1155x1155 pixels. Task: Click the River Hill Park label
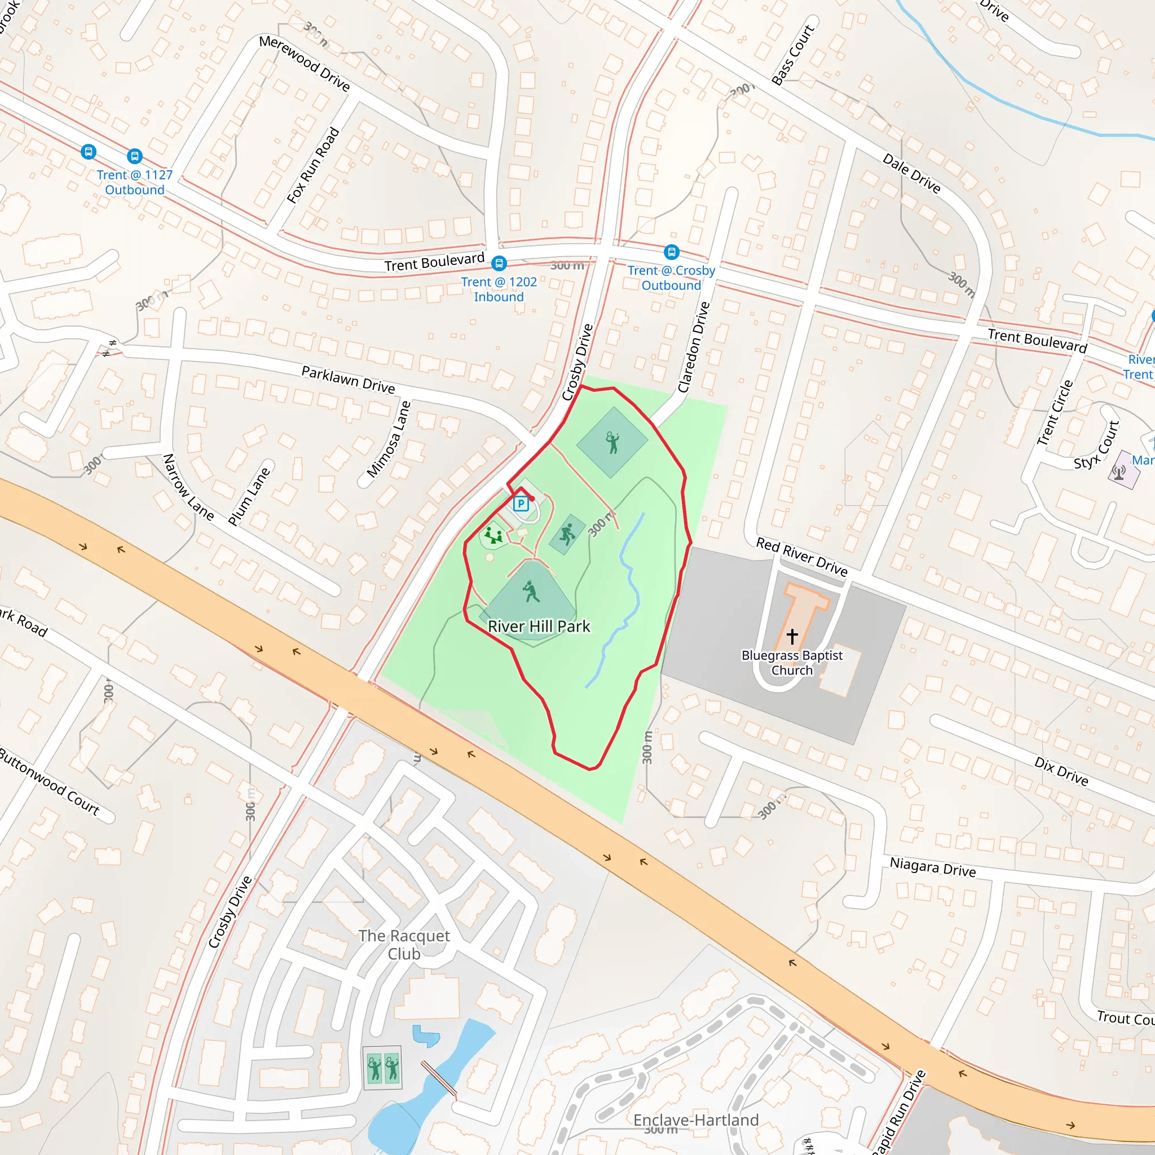click(539, 627)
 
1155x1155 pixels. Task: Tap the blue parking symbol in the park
click(521, 504)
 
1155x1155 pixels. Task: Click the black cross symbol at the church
click(792, 636)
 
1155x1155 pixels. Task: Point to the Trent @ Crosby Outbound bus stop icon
click(671, 252)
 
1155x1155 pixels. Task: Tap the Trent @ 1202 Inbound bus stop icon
click(499, 263)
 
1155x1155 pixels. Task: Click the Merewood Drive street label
click(305, 63)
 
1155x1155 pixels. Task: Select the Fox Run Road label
click(312, 166)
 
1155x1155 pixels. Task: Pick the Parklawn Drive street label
click(348, 380)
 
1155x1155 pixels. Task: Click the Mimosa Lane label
click(389, 439)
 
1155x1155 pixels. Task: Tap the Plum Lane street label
click(249, 497)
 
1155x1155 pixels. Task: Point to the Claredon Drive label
click(694, 347)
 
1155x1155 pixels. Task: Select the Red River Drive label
click(802, 557)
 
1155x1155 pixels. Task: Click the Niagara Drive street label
click(933, 867)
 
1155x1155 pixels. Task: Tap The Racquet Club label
click(404, 945)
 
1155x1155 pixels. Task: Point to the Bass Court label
click(793, 55)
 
